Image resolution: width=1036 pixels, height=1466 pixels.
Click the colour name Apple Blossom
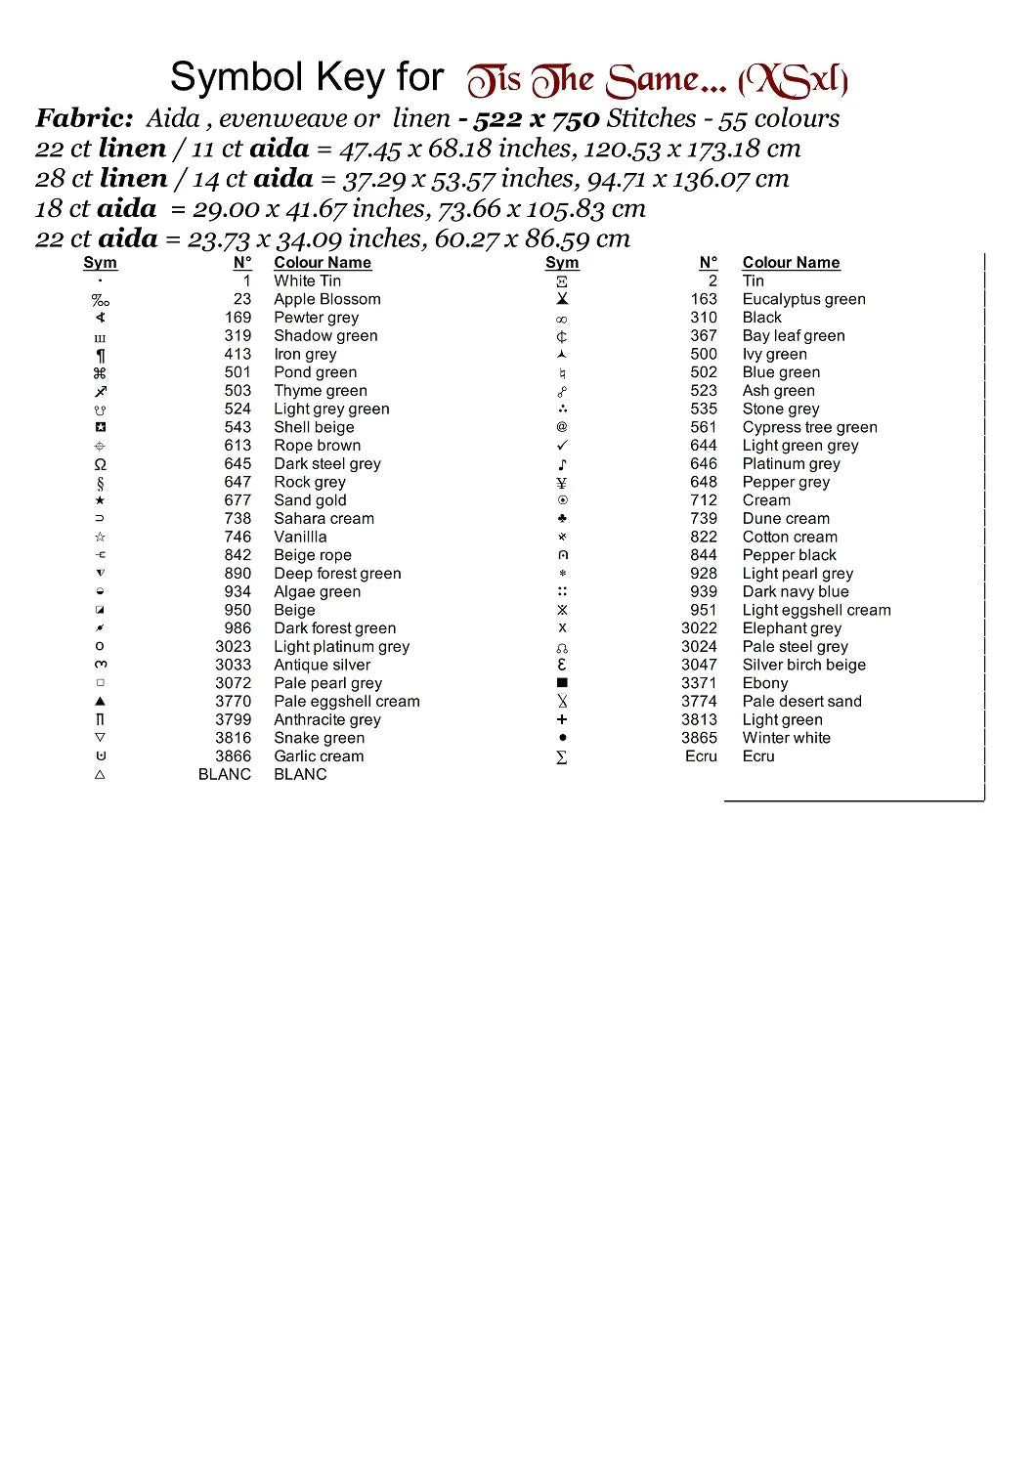click(326, 299)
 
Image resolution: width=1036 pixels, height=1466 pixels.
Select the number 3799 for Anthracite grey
click(233, 719)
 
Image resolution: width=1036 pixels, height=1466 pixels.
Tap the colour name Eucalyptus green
click(803, 299)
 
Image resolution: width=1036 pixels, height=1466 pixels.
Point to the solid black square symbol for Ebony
click(562, 683)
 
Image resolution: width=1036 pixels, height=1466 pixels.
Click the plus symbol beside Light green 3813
click(562, 719)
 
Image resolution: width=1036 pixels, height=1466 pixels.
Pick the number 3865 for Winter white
click(699, 738)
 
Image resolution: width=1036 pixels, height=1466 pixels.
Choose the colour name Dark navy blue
click(795, 591)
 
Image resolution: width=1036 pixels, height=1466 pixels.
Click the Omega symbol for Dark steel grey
click(100, 464)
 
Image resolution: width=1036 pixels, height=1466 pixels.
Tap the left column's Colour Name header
click(322, 263)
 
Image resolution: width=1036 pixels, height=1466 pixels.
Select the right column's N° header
click(708, 263)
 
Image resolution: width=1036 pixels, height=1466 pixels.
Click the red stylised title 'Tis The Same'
click(657, 80)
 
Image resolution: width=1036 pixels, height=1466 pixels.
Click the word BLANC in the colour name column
click(300, 774)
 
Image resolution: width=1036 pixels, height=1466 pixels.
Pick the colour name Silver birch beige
click(803, 665)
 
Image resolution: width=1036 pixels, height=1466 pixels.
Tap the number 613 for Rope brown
click(237, 446)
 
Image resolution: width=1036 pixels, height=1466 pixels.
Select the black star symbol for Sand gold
click(100, 500)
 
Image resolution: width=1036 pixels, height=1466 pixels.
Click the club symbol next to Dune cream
click(562, 519)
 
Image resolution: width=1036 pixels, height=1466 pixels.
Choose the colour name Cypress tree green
click(809, 427)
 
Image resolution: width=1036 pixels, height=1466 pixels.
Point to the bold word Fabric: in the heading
click(84, 119)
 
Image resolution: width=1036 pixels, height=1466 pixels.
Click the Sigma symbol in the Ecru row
click(562, 756)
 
